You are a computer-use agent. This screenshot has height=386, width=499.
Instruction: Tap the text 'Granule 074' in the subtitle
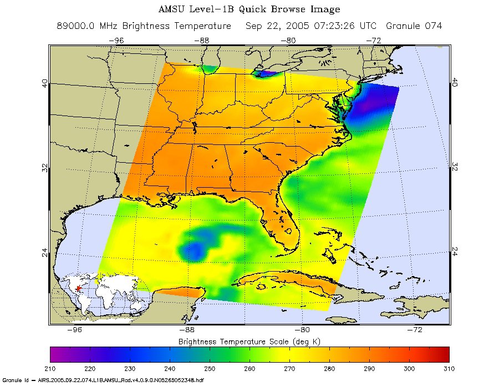(414, 26)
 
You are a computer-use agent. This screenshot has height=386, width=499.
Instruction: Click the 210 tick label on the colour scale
(50, 368)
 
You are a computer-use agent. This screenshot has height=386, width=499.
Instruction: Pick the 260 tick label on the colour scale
(249, 368)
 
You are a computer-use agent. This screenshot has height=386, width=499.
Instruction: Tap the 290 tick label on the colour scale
(369, 368)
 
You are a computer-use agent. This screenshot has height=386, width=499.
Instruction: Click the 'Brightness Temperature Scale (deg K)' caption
(249, 340)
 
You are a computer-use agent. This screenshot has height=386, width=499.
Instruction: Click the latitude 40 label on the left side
(44, 83)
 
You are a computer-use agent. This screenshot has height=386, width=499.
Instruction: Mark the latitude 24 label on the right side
(455, 251)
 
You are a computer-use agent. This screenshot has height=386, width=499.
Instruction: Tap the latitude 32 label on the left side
(44, 168)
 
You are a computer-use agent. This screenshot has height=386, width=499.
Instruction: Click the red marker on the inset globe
(79, 288)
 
